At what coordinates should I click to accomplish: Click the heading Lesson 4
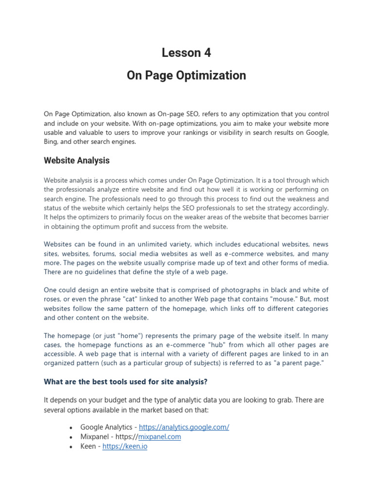(x=186, y=53)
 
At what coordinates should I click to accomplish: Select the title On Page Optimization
(x=186, y=75)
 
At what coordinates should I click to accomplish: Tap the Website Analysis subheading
(x=77, y=160)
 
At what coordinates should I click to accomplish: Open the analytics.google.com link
(x=184, y=427)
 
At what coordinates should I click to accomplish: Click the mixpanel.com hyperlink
(x=159, y=437)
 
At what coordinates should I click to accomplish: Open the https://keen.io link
(x=125, y=446)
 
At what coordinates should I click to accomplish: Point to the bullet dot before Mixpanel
(x=71, y=437)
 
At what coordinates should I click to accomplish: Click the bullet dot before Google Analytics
(x=71, y=427)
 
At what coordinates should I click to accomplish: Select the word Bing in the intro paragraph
(x=51, y=142)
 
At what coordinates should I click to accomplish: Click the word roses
(x=53, y=299)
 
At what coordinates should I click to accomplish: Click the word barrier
(x=316, y=217)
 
